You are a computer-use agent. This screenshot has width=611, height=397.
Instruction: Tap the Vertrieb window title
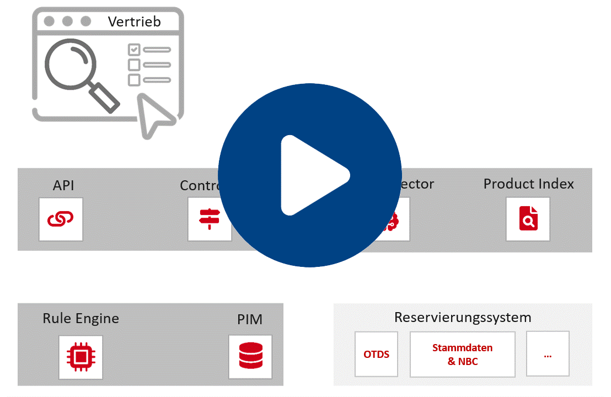pos(134,22)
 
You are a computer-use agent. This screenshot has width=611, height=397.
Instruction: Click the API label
pos(63,185)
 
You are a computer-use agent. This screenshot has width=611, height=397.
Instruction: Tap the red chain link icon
pos(61,219)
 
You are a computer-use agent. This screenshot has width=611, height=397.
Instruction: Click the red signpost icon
pos(209,219)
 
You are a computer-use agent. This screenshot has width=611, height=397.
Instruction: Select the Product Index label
pos(528,184)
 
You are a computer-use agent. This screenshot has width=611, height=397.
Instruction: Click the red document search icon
pos(528,219)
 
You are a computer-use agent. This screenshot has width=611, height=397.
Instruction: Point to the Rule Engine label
pos(81,318)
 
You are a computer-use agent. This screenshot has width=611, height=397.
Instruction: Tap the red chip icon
pos(81,357)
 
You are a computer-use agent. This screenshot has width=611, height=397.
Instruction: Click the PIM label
pos(250,319)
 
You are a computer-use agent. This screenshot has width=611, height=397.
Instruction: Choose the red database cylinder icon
pos(250,356)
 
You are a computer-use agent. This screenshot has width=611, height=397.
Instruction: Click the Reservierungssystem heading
pos(463,317)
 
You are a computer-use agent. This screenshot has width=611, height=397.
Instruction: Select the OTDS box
pos(376,354)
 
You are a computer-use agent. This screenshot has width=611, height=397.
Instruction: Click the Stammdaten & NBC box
pos(462,355)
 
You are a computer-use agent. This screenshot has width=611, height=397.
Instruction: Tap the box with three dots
pos(548,354)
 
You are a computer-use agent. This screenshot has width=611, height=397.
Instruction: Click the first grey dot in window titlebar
pos(49,22)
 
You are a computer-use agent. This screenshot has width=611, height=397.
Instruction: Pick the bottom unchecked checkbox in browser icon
pos(134,80)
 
